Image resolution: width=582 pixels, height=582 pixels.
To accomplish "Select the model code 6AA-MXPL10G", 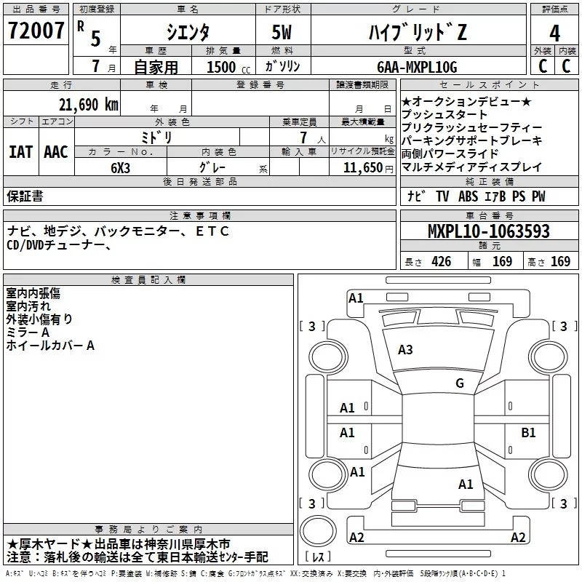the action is [417, 67].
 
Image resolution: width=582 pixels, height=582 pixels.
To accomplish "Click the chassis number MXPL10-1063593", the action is [488, 232].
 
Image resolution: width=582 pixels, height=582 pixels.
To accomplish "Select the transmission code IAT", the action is [20, 152].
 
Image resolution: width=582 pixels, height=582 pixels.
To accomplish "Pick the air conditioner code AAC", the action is [55, 152].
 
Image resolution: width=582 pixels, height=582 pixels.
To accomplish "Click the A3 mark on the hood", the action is [405, 350].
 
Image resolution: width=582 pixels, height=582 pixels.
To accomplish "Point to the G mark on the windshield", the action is [459, 383].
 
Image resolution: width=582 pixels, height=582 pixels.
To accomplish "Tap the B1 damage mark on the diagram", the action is [528, 433].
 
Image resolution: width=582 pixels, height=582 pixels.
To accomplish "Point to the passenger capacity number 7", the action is [300, 137].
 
